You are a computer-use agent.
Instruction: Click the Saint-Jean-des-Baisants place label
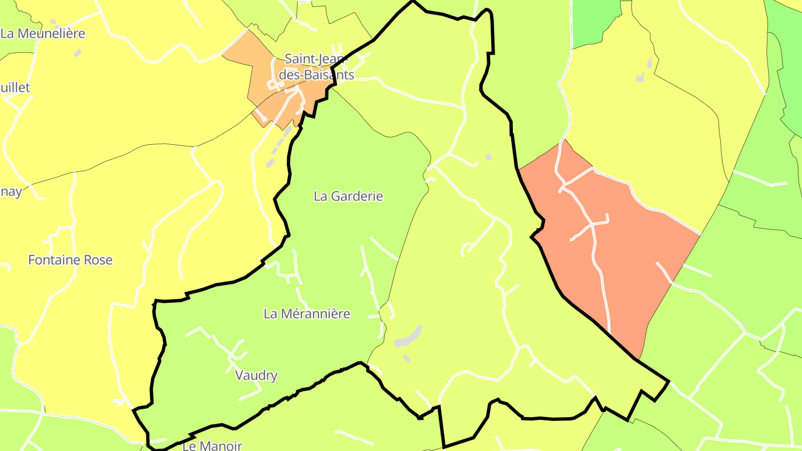(x=316, y=66)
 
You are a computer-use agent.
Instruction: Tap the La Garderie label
(x=349, y=197)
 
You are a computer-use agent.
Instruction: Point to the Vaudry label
(x=256, y=376)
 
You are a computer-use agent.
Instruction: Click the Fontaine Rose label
(x=70, y=260)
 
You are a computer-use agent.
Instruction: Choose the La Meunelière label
(x=43, y=33)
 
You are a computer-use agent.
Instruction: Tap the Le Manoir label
(x=212, y=446)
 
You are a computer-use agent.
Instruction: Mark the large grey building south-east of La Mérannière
(x=408, y=337)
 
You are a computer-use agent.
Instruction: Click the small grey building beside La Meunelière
(x=77, y=52)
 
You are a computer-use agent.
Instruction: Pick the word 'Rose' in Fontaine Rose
(x=98, y=260)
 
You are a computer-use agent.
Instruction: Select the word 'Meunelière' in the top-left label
(x=51, y=33)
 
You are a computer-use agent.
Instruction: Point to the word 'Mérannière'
(x=324, y=314)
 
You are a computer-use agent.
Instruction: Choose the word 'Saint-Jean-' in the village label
(x=316, y=58)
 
